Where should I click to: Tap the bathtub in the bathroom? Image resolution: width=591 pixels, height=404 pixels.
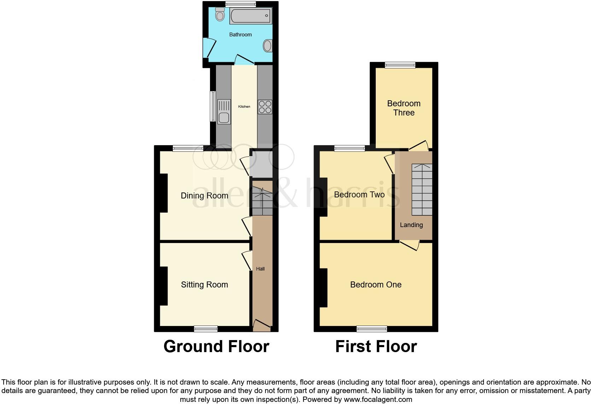tap(250, 16)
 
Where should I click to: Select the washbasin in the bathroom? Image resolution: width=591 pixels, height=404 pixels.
tap(268, 46)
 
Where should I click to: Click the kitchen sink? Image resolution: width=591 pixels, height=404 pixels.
tap(224, 112)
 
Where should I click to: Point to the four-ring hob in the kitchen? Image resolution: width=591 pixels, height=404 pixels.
tap(265, 107)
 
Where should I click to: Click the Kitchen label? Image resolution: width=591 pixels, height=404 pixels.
tap(244, 106)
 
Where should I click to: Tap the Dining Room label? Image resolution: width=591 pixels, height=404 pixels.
tap(204, 196)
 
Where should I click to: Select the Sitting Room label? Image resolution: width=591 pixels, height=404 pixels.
tap(204, 285)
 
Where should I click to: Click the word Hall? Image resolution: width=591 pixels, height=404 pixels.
tap(260, 269)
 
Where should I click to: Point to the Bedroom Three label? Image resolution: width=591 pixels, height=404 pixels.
tap(404, 108)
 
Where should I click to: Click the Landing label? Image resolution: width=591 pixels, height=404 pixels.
tap(411, 225)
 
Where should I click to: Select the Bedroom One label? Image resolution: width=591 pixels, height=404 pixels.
tap(375, 285)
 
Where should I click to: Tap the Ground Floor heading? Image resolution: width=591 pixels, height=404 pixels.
tap(216, 346)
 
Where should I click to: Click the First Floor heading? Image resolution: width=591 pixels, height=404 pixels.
tap(376, 346)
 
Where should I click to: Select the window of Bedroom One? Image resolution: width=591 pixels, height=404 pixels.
tap(372, 329)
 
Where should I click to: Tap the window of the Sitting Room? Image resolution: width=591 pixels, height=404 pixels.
tap(206, 329)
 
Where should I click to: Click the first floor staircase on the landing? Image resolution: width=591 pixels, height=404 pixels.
tap(422, 189)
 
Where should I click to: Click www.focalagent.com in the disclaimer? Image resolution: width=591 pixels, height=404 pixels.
tap(378, 400)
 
